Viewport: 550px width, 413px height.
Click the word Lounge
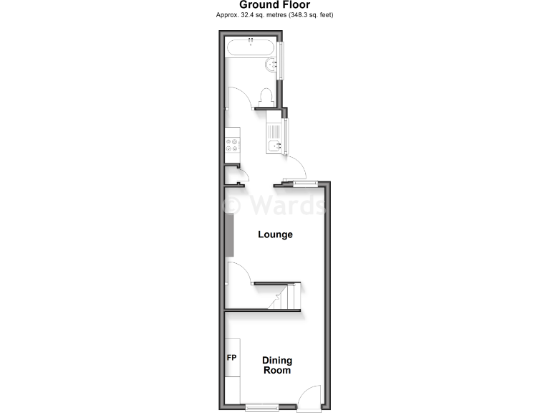[276, 234]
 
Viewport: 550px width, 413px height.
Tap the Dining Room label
[276, 366]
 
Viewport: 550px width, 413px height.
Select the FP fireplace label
[232, 357]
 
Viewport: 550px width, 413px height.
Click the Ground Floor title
[275, 5]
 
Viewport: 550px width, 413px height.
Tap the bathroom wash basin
[272, 67]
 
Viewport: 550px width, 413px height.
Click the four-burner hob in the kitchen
[233, 145]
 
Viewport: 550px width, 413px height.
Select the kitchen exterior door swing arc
[296, 166]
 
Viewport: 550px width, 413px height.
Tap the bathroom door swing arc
[238, 97]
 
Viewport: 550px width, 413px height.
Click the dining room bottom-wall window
[261, 407]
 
